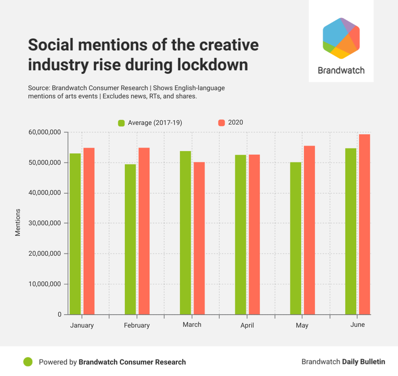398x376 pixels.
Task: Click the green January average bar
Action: click(x=75, y=234)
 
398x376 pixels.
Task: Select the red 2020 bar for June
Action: click(x=364, y=225)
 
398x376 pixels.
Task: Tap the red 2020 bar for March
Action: click(x=199, y=238)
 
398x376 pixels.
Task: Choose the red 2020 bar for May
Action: click(x=309, y=230)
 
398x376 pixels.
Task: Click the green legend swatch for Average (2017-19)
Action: click(x=121, y=123)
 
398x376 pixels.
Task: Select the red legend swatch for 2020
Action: click(x=222, y=123)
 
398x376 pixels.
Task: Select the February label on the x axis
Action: click(x=137, y=325)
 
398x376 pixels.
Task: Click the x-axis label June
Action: click(x=357, y=324)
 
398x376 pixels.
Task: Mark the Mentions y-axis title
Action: click(x=18, y=223)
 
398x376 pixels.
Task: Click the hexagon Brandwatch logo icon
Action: click(x=341, y=38)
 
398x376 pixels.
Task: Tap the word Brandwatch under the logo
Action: click(x=341, y=70)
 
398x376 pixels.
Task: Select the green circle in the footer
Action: click(x=28, y=362)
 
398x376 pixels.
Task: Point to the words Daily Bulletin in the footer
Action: click(x=364, y=362)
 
